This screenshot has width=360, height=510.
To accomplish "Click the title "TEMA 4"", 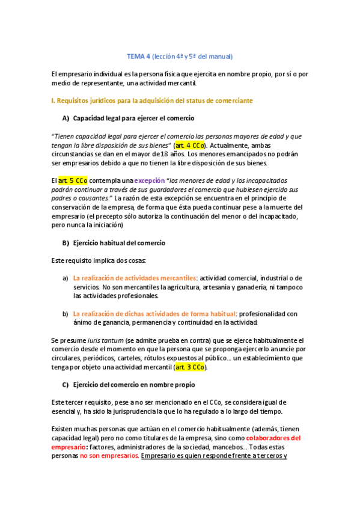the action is [x=138, y=57].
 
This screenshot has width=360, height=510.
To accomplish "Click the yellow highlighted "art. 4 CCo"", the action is [x=190, y=145].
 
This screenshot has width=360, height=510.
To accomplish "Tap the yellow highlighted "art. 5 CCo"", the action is [x=73, y=180].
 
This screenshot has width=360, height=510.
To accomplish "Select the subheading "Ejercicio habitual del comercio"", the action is [x=119, y=243].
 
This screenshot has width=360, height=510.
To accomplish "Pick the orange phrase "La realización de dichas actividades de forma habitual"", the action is [x=154, y=313].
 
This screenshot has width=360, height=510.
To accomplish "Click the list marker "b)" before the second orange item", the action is [x=65, y=313].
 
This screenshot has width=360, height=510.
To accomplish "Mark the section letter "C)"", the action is [x=66, y=384].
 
